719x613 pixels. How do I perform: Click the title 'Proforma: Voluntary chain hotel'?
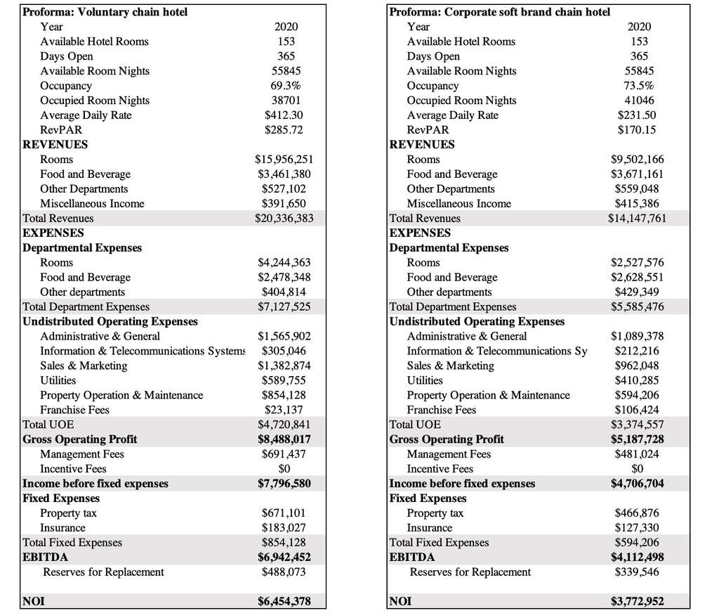(x=105, y=12)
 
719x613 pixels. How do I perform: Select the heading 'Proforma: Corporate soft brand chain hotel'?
(x=499, y=12)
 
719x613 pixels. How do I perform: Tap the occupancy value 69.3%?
(x=285, y=86)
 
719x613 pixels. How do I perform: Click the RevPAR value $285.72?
(x=285, y=130)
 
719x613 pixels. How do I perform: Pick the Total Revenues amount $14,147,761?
(x=636, y=219)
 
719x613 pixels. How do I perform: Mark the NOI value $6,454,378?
(x=284, y=601)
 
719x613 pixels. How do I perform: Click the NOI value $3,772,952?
(x=637, y=601)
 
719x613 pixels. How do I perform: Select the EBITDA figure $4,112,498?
(x=637, y=557)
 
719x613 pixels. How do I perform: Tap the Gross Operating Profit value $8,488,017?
(x=284, y=439)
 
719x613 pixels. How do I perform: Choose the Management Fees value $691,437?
(x=284, y=454)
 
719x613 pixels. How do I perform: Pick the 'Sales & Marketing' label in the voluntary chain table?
(x=84, y=366)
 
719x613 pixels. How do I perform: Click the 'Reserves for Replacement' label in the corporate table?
(x=470, y=572)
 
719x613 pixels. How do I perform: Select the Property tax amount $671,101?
(x=284, y=513)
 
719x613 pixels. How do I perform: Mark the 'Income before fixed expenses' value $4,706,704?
(x=637, y=484)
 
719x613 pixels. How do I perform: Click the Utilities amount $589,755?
(x=284, y=380)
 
